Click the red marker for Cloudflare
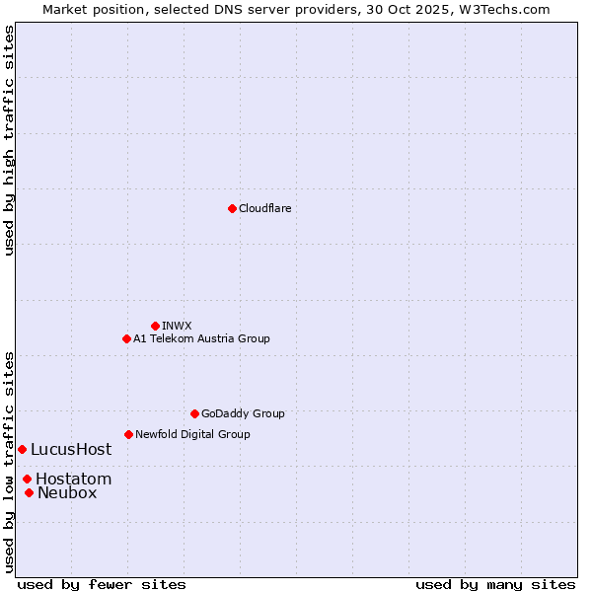tap(232, 208)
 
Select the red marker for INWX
tap(155, 326)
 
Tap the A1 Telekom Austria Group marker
tap(126, 338)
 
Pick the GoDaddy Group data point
tap(194, 413)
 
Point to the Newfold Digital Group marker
tap(128, 434)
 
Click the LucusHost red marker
tap(22, 449)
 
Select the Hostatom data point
tap(27, 479)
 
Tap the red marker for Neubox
tap(29, 492)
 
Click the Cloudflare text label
tap(264, 208)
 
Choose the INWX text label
tap(177, 326)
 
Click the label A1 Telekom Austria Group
tap(201, 338)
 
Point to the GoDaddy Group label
tap(243, 413)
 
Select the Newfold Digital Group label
tap(192, 434)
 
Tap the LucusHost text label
tap(71, 449)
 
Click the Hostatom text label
tap(73, 479)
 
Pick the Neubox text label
tap(67, 492)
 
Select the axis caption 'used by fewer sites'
tap(102, 584)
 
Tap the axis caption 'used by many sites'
tap(495, 584)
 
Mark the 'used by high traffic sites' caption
tap(9, 140)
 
